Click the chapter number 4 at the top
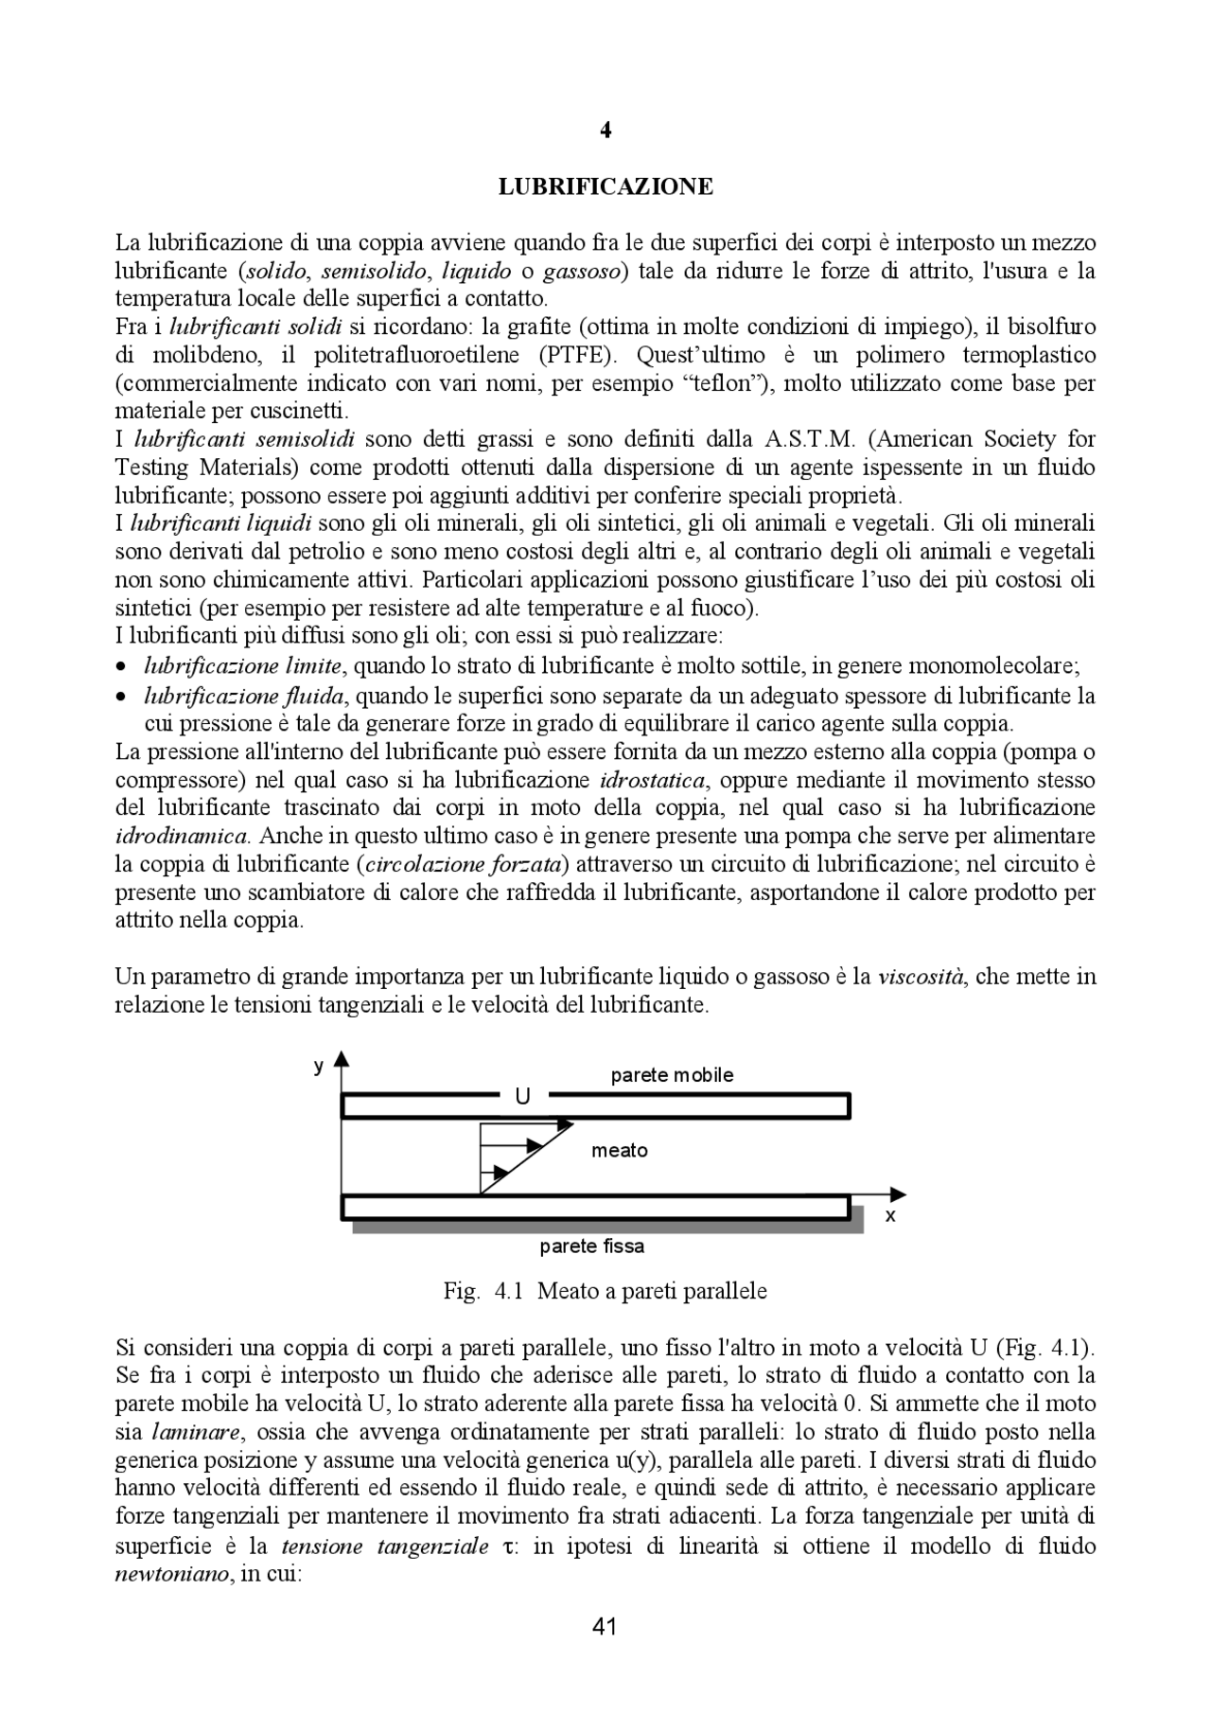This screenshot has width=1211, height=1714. point(605,132)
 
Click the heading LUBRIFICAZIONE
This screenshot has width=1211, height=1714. point(605,186)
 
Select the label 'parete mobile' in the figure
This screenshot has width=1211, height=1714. point(672,1075)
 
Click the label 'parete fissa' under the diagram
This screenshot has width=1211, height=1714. point(592,1246)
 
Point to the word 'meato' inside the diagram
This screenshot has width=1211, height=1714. point(620,1151)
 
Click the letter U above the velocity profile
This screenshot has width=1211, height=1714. point(522,1097)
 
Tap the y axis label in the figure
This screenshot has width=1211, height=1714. point(319,1066)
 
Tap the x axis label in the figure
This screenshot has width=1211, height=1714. point(889,1216)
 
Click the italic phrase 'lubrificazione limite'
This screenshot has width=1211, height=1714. point(242,666)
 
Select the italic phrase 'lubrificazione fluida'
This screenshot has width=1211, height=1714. point(243,697)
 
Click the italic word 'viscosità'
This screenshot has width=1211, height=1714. point(921,977)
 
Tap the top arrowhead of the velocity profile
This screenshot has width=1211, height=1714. point(566,1124)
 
